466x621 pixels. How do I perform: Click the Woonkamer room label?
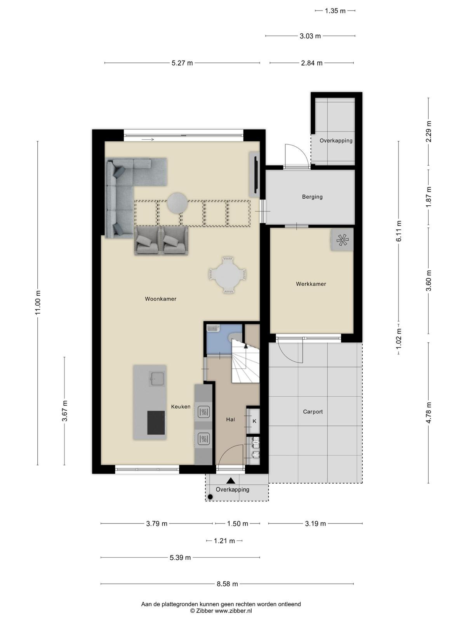click(160, 299)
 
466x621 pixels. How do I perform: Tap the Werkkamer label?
click(311, 284)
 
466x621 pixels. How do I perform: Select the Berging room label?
click(312, 197)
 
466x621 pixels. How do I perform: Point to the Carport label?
click(313, 412)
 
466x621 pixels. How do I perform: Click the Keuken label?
click(181, 406)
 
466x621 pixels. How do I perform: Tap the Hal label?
click(231, 420)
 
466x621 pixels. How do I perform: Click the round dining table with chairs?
click(228, 275)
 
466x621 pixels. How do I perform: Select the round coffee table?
click(177, 203)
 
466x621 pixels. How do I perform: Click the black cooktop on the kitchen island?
click(156, 423)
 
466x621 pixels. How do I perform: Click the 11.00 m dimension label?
click(38, 302)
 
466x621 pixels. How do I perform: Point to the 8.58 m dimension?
click(227, 584)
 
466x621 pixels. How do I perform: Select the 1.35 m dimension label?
click(335, 11)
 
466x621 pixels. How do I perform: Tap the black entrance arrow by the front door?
click(231, 480)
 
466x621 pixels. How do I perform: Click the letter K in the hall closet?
click(254, 421)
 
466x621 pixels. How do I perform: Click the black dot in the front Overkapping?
click(210, 496)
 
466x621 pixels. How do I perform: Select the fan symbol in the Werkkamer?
click(343, 239)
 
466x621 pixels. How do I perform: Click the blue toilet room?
click(224, 339)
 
